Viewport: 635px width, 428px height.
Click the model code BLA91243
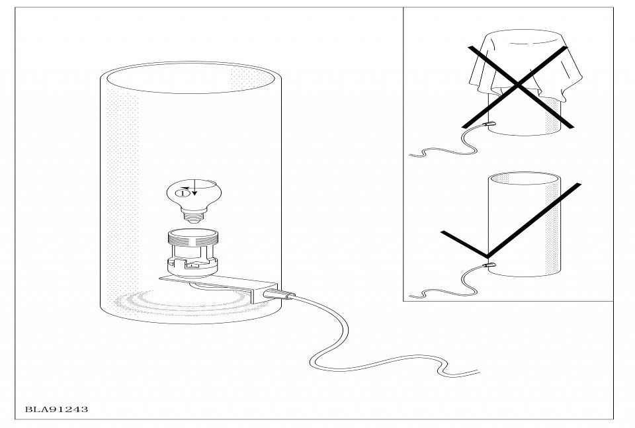[x=56, y=409]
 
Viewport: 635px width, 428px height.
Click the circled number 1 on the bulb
[x=183, y=194]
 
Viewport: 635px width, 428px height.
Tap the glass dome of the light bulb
[x=194, y=193]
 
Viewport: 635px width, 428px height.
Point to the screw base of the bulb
[x=194, y=216]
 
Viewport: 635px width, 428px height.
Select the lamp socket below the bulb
[x=193, y=253]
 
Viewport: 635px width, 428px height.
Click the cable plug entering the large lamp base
[x=279, y=294]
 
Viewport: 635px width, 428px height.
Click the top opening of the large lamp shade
[x=190, y=77]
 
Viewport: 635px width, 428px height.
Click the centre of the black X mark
[x=518, y=85]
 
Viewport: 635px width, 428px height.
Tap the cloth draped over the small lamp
[x=525, y=64]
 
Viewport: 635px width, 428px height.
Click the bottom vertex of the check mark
[x=487, y=256]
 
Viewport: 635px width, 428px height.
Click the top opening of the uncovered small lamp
[x=525, y=179]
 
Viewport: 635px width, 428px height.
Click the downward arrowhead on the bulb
[x=194, y=193]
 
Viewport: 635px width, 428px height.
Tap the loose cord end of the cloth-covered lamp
[x=411, y=154]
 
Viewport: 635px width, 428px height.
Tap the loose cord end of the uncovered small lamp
[x=411, y=295]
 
